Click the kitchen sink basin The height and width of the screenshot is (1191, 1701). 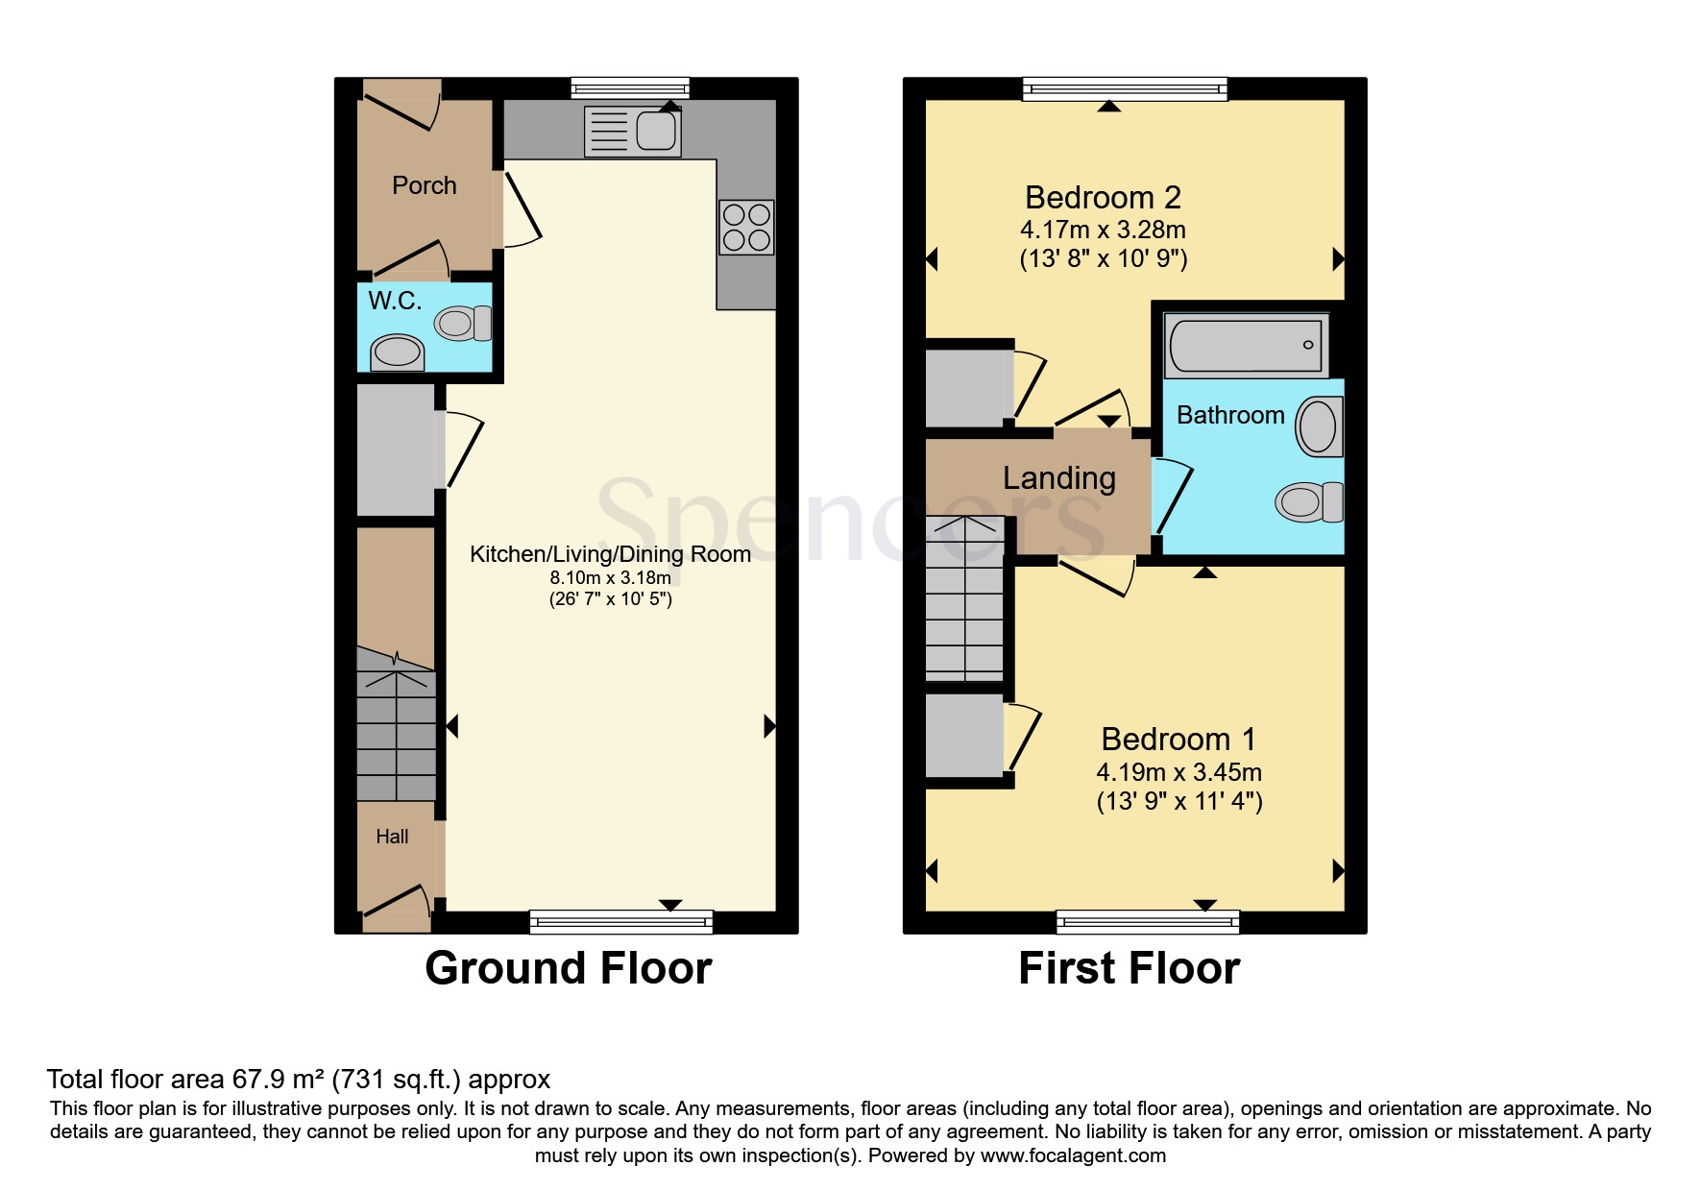(x=656, y=131)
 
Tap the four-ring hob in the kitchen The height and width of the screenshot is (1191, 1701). (x=746, y=228)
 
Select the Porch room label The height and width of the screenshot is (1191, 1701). (x=425, y=185)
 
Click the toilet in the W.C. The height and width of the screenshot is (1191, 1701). (x=463, y=323)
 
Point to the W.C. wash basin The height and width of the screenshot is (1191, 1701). (x=398, y=352)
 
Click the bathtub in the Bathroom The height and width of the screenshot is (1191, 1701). (x=1246, y=345)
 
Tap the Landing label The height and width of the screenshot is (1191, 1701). (x=1059, y=478)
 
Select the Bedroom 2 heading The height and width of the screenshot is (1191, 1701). (x=1103, y=197)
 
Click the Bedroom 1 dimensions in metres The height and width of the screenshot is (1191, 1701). (x=1179, y=772)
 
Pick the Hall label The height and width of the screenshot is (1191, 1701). (x=392, y=837)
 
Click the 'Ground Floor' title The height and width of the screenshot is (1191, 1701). (x=569, y=968)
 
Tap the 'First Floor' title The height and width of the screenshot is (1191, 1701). (x=1130, y=968)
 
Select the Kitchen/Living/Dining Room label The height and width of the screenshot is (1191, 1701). (x=610, y=554)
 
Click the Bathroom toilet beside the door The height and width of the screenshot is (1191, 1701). (x=1308, y=501)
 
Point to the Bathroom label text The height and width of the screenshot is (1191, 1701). (x=1230, y=415)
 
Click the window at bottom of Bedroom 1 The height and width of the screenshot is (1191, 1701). (x=1148, y=922)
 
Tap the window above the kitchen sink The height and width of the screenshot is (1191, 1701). (x=630, y=88)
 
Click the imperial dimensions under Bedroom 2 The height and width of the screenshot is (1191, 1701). (x=1104, y=258)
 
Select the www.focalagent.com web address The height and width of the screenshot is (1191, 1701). (x=1073, y=1155)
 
